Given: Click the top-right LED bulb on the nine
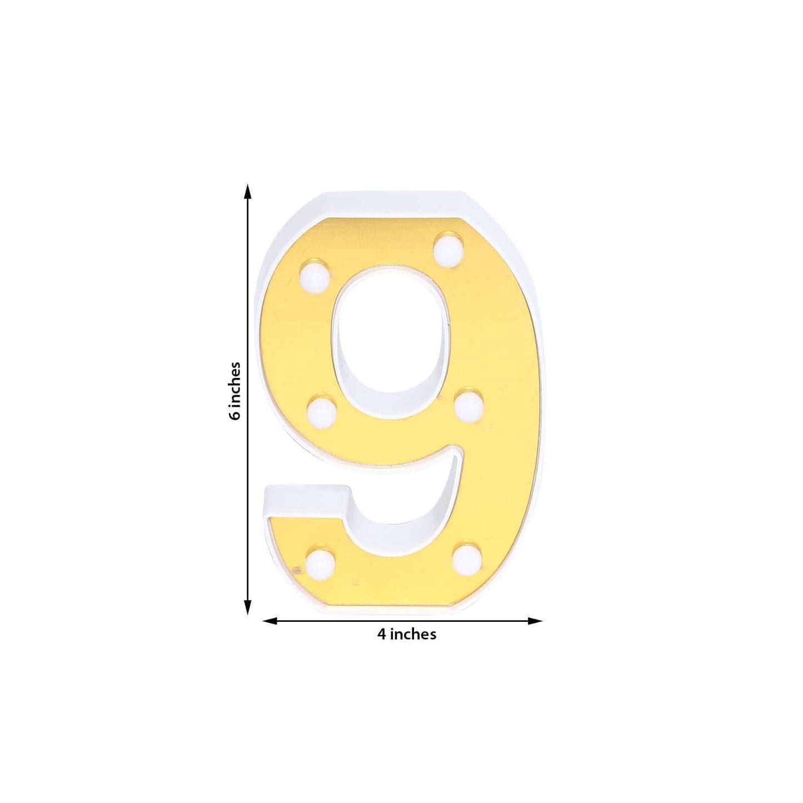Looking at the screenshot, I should click(x=448, y=250).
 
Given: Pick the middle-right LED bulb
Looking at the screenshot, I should click(x=468, y=407).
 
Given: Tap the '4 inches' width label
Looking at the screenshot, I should click(x=407, y=634).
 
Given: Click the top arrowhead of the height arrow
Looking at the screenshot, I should click(x=248, y=192).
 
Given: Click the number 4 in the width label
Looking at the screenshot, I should click(x=382, y=634).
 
